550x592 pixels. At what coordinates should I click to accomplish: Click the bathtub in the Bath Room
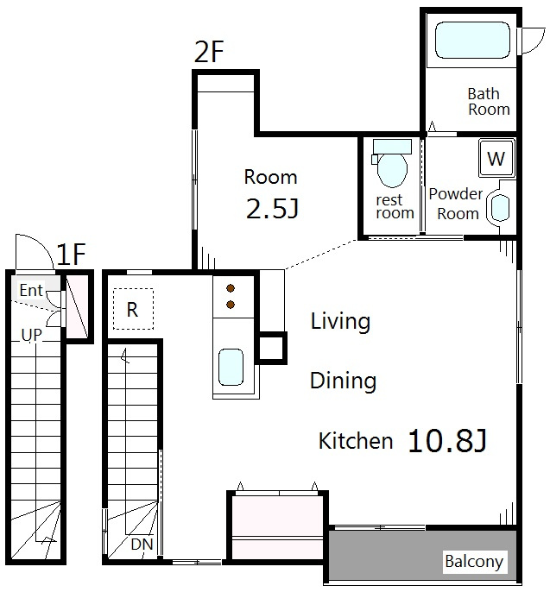coord(472,40)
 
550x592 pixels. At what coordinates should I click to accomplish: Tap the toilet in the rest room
coord(392,163)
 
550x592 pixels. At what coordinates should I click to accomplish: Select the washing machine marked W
coord(496,158)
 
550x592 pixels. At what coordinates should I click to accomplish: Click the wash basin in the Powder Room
coord(500,207)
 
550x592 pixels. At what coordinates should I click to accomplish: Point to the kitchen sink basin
coord(231,367)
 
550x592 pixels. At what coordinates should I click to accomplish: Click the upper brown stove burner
coord(231,289)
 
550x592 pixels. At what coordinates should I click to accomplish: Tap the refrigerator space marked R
coord(133,309)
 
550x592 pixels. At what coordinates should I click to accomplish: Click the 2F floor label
coord(209,52)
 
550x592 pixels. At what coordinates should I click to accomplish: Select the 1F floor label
coord(71,254)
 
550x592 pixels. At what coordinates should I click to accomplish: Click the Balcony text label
coord(474,562)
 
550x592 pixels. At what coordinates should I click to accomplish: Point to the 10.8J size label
coord(447,441)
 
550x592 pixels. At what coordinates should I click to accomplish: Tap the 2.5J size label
coord(272,209)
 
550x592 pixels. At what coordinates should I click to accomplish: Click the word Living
coord(340,322)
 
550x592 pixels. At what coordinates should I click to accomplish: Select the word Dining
coord(343,381)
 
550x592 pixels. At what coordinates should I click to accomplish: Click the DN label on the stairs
coord(142,544)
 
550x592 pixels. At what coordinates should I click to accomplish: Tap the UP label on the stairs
coord(32,335)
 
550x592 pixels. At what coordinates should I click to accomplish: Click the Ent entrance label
coord(31,290)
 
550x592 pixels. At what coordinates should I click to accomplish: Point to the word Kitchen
coord(356,441)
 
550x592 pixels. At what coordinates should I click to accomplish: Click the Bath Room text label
coord(489,102)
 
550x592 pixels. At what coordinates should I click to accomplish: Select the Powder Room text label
coord(456,204)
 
